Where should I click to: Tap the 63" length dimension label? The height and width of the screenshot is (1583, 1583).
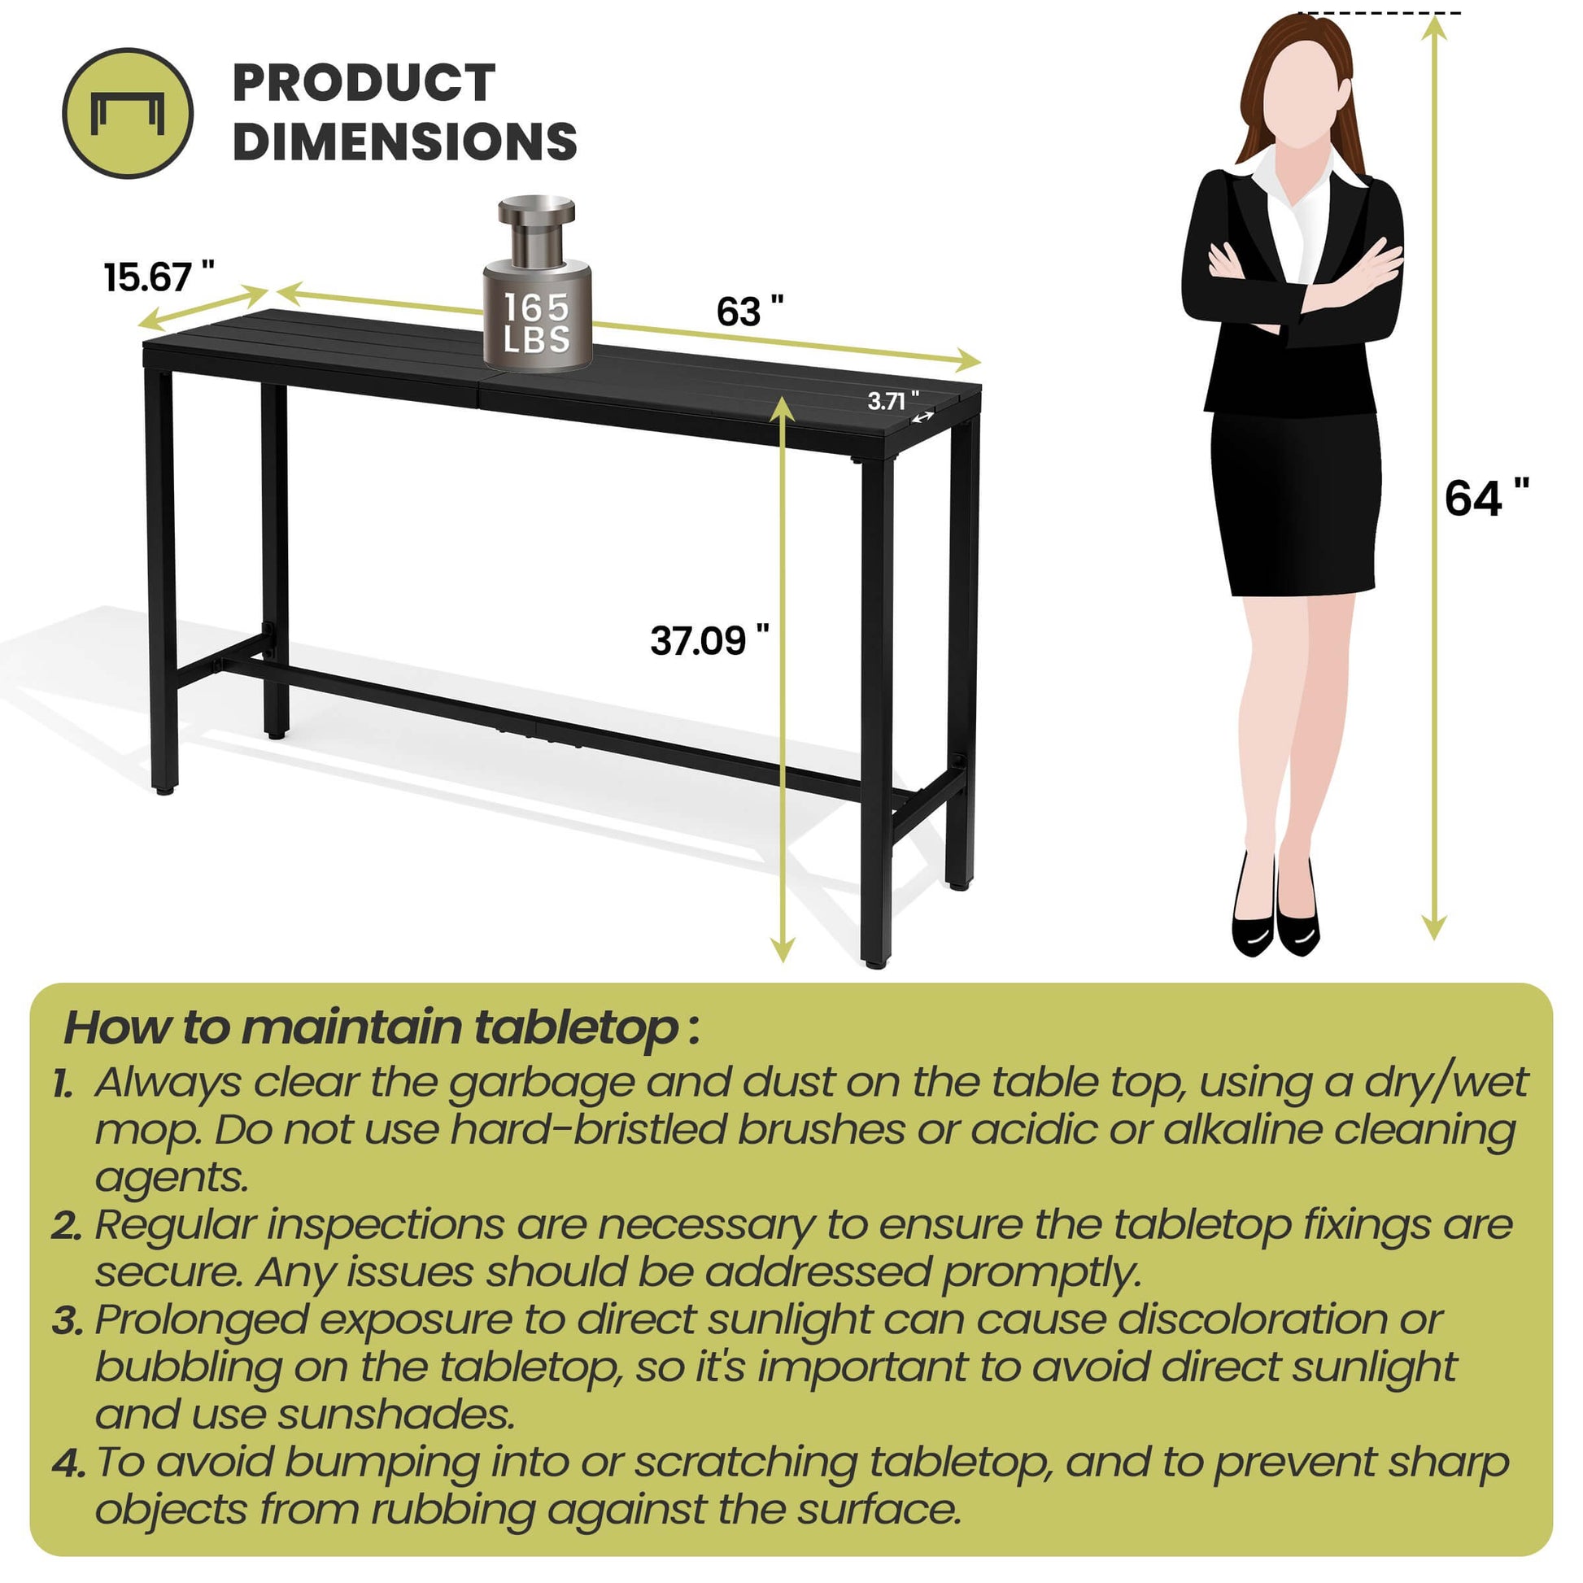point(750,312)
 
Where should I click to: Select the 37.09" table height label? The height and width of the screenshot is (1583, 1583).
point(709,640)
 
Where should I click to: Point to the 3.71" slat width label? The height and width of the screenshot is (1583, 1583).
point(893,401)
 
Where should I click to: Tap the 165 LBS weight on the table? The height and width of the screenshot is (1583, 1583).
point(537,283)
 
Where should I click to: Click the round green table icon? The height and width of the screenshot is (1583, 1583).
point(128,113)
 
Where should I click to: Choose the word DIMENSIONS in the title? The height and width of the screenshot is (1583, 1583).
point(405,141)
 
